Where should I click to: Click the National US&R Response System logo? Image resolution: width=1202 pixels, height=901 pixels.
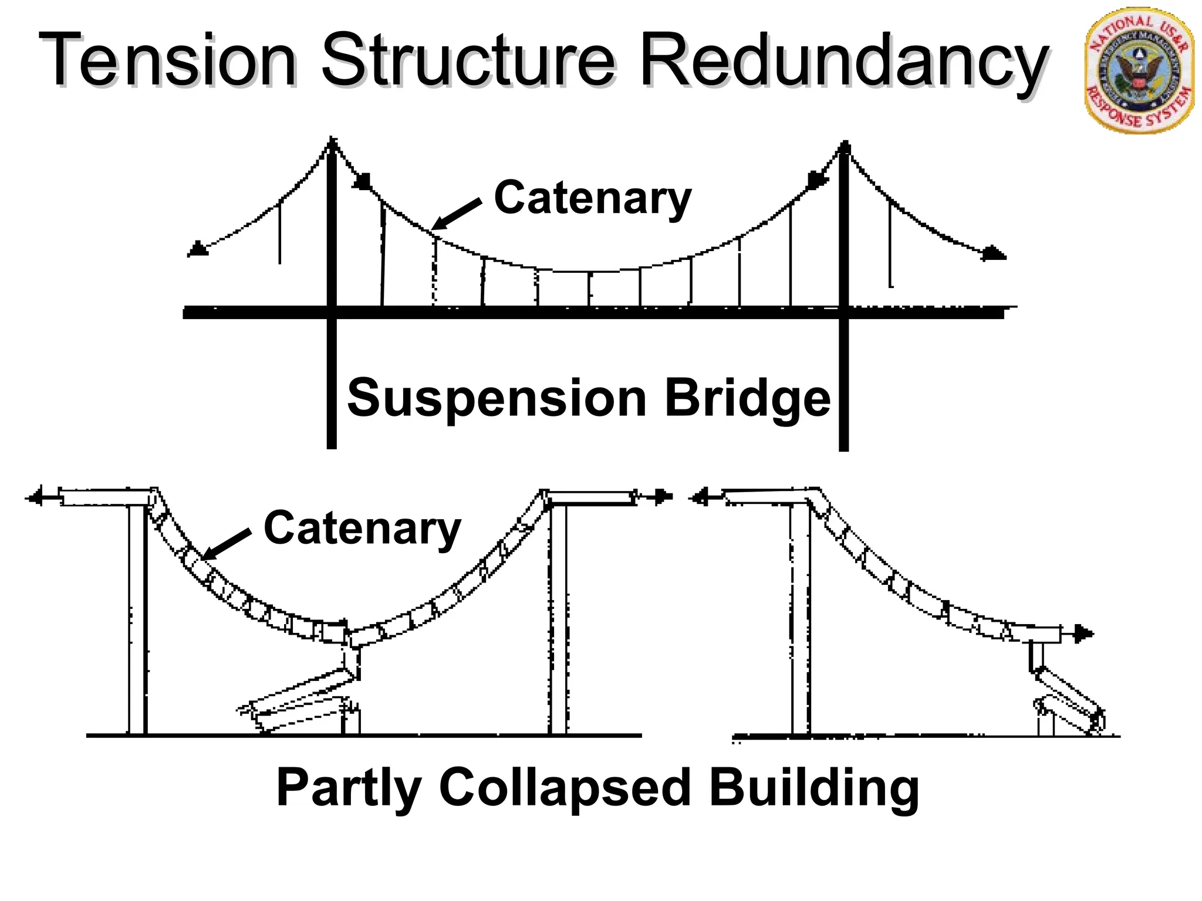[1139, 70]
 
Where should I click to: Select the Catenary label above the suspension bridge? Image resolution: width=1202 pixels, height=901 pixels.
[593, 198]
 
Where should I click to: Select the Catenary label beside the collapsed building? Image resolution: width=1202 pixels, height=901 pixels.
[362, 529]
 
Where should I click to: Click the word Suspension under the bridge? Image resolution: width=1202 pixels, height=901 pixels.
[497, 399]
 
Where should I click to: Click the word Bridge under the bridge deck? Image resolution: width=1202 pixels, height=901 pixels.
[748, 399]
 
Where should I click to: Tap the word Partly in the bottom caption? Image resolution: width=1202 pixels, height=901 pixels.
[349, 789]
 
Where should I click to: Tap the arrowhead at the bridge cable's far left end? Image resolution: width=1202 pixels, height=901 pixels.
[197, 249]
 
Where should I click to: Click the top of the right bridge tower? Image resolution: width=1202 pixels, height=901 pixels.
[845, 145]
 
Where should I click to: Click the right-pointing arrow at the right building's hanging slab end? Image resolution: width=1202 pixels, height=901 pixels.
[1083, 634]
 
